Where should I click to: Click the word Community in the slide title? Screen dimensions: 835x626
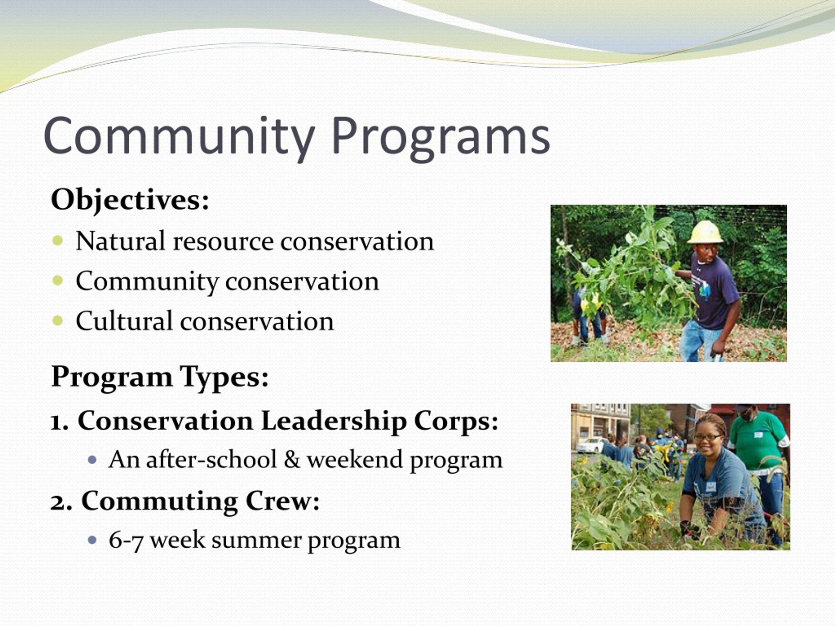click(179, 138)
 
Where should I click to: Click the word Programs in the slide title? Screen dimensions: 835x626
click(441, 138)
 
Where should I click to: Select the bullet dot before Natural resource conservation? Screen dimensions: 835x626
click(58, 240)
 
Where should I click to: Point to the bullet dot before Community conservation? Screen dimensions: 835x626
click(58, 280)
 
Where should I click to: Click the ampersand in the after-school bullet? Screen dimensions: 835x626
click(291, 460)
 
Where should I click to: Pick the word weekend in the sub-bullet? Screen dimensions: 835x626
click(355, 460)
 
